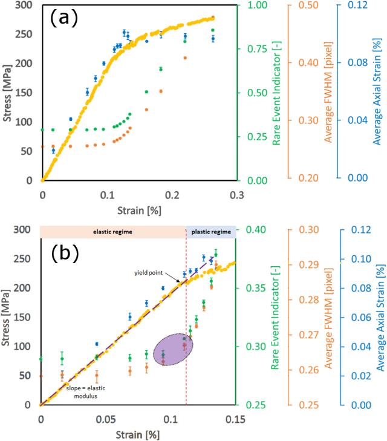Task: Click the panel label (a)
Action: click(64, 19)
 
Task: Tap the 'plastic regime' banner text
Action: click(210, 232)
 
